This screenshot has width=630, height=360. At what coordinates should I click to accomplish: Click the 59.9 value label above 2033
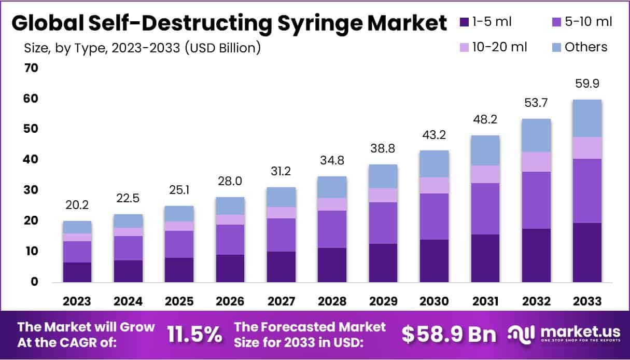tap(586, 84)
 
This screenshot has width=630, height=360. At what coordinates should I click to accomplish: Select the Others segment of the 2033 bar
tap(586, 118)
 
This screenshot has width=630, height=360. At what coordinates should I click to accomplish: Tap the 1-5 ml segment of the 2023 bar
tap(77, 272)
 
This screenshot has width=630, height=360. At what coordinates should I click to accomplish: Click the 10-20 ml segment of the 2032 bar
tap(536, 162)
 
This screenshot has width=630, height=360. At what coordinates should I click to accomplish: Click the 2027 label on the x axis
tap(282, 301)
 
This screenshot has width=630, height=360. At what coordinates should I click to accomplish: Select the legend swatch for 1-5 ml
tap(464, 22)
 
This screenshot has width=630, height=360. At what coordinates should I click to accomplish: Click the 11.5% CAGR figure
tap(194, 335)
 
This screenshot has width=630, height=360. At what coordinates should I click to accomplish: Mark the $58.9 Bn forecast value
tap(449, 335)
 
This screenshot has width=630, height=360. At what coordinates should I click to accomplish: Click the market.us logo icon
tap(520, 335)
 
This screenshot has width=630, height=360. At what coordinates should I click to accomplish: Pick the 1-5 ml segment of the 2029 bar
tap(382, 262)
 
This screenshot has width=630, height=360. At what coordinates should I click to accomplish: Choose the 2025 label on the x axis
tap(178, 301)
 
